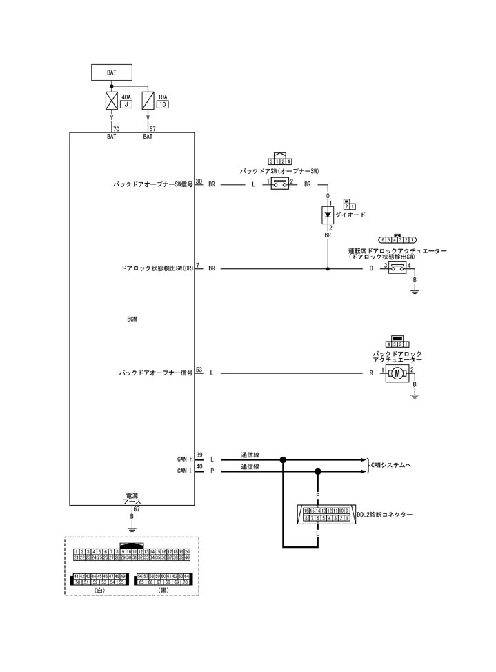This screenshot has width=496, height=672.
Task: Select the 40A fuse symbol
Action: (112, 101)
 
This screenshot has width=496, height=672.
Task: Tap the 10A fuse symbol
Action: (148, 101)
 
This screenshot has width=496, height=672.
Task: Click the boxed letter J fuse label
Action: (126, 105)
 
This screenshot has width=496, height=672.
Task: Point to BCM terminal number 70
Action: (116, 128)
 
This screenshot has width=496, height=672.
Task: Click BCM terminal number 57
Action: (152, 128)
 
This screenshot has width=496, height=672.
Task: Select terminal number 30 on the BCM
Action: (199, 181)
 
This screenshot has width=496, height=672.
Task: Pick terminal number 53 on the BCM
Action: (199, 369)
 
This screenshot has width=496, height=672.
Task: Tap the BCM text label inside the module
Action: (132, 319)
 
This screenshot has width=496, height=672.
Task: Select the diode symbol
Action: (328, 215)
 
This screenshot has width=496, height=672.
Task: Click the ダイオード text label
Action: (352, 215)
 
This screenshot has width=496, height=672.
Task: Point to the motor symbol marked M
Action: (397, 373)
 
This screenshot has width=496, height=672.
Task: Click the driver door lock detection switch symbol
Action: (397, 267)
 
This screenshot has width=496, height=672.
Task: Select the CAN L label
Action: (186, 471)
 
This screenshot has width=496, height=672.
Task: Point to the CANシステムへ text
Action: (391, 465)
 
